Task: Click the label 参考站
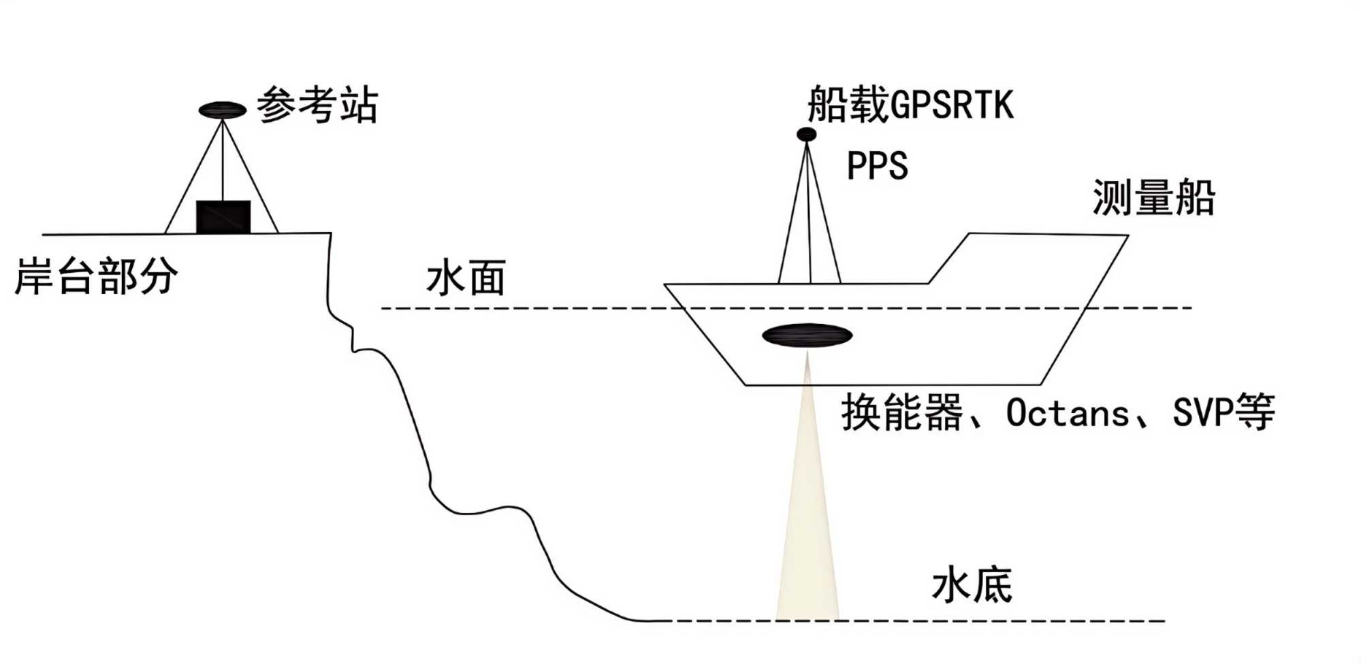point(317,105)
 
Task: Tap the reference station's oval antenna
point(223,110)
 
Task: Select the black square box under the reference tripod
point(223,217)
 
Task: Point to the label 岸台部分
point(96,276)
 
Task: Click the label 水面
point(466,278)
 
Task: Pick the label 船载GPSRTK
point(910,105)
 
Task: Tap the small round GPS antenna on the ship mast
point(807,135)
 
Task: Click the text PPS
point(877,166)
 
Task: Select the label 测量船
point(1153,198)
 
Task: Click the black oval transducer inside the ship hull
point(807,335)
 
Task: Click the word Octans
point(1067,413)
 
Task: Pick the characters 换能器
point(902,412)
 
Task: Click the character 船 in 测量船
point(1195,198)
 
